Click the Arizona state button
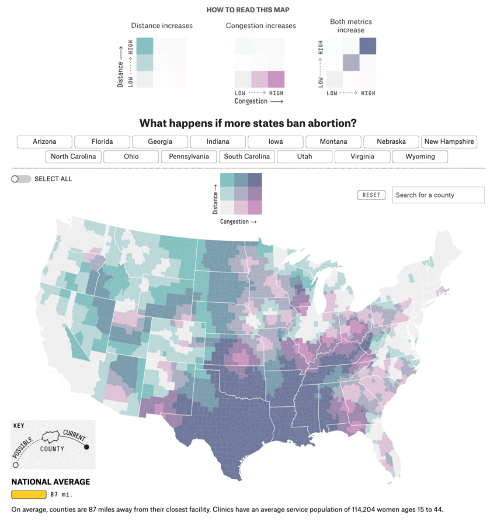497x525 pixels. tap(44, 141)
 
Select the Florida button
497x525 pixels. tap(102, 141)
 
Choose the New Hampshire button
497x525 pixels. tap(449, 141)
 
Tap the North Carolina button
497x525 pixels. tap(74, 157)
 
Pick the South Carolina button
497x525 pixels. tap(246, 157)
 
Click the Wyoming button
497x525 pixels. tap(420, 157)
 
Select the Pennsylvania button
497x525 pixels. tap(189, 157)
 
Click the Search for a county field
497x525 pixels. tap(438, 195)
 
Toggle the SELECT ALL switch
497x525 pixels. tap(21, 179)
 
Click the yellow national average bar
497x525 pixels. tap(29, 495)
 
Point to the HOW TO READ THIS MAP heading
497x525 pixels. tap(248, 10)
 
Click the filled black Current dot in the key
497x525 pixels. tap(87, 447)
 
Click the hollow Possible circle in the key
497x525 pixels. tap(15, 465)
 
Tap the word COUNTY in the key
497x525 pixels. tap(53, 449)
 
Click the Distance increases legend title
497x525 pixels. tap(162, 26)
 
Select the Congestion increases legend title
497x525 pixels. tap(260, 26)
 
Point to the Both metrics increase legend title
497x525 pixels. tap(350, 26)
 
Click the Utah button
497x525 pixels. tap(304, 157)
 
